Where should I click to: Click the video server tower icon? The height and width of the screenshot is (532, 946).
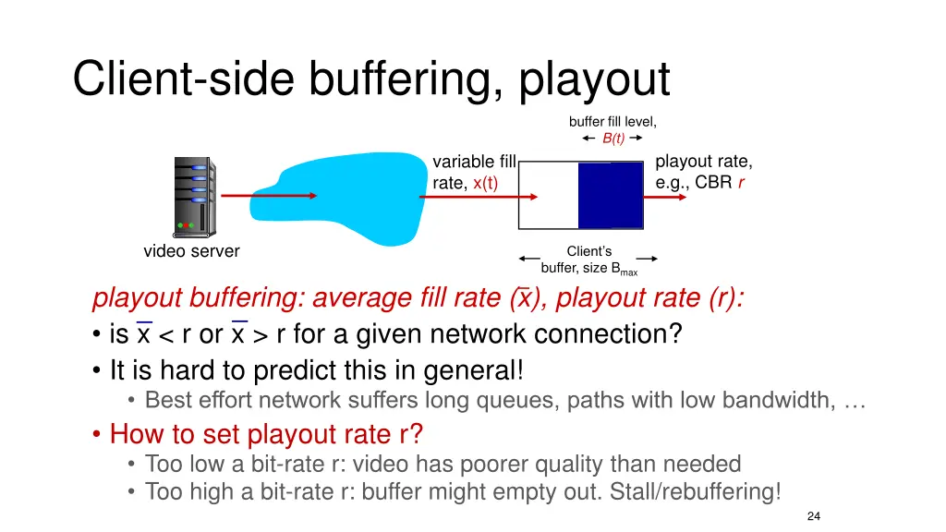(x=193, y=195)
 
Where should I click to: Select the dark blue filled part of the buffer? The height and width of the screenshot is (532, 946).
(x=610, y=195)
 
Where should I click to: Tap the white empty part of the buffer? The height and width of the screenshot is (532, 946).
(x=549, y=195)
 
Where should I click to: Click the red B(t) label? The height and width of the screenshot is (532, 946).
(x=613, y=139)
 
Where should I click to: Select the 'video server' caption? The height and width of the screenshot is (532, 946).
(x=191, y=251)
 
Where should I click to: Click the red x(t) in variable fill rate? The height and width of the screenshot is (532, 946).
(x=485, y=183)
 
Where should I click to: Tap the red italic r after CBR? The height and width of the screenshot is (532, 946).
(x=741, y=182)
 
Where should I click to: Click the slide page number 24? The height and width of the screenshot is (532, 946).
(x=814, y=516)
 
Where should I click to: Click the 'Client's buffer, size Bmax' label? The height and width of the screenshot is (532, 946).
(x=588, y=260)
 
